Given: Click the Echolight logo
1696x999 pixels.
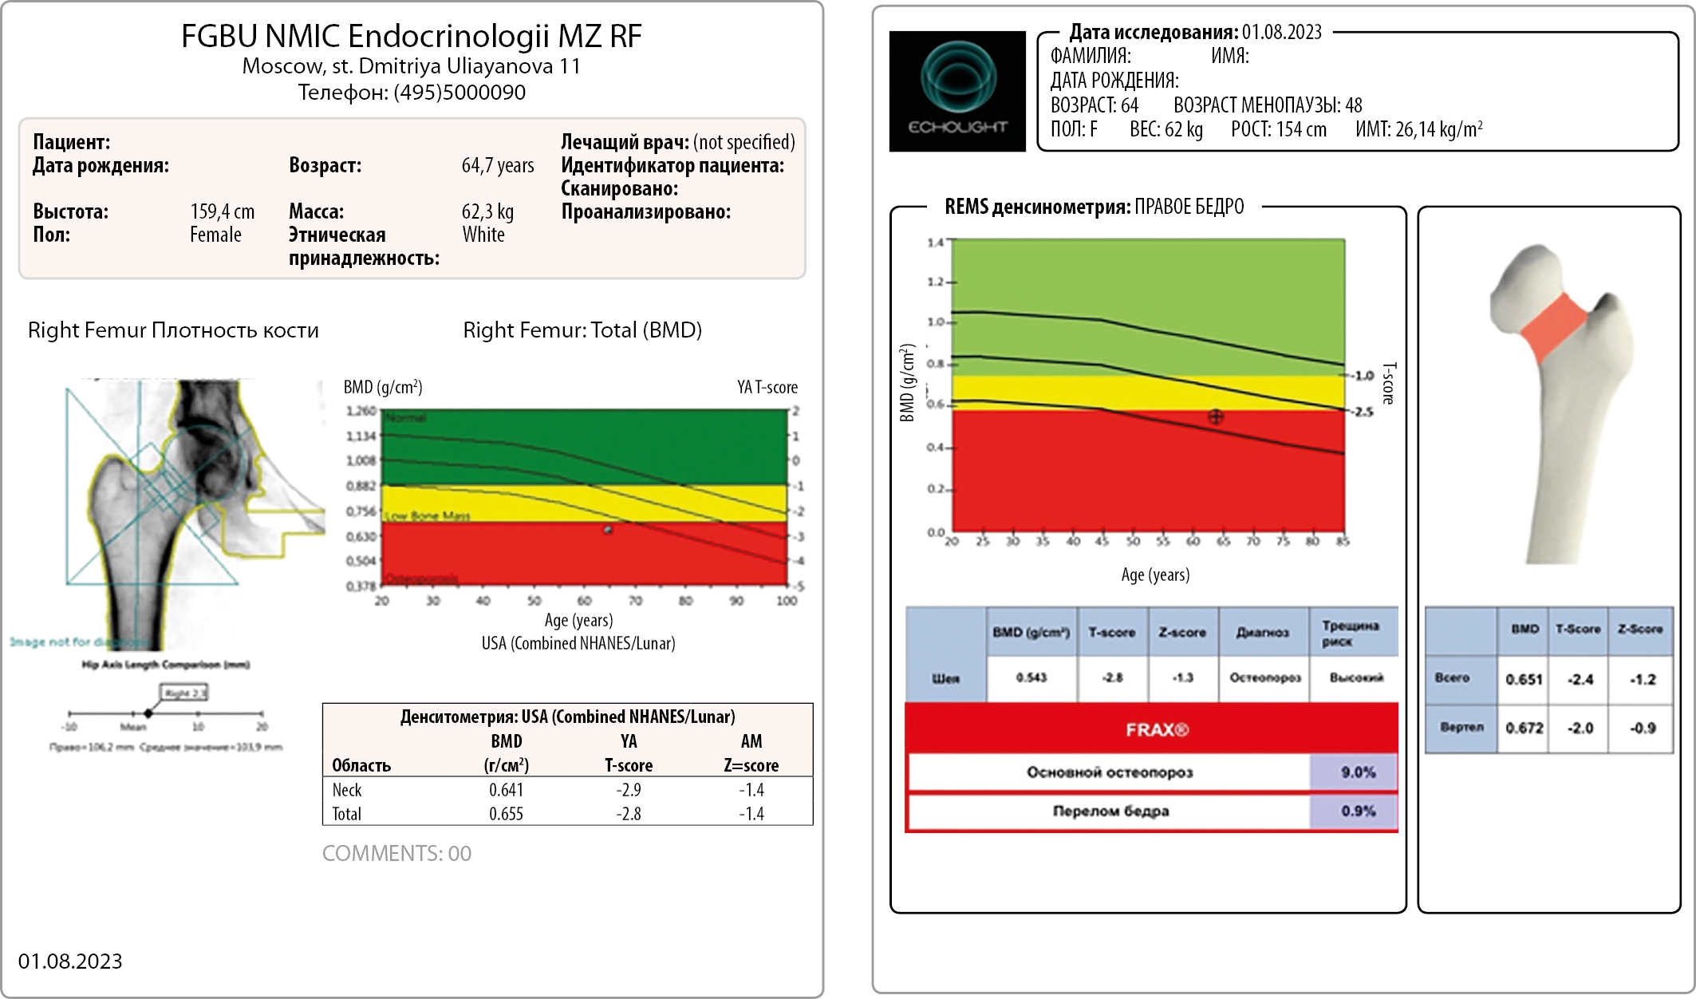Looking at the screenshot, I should pos(957,91).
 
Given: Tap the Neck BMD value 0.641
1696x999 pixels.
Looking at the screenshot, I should pos(506,790).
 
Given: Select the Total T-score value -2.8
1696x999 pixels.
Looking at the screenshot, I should pos(628,814).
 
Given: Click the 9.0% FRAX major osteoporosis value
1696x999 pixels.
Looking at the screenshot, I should pos(1358,772).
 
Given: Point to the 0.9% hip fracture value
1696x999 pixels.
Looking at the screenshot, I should pos(1358,811).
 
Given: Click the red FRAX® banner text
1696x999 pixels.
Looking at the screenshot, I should pos(1157,729).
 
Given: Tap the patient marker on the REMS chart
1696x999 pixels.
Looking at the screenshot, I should pos(1215,417).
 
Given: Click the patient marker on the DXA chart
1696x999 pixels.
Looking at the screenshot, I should pos(608,529).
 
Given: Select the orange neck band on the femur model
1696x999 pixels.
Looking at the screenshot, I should pos(1553,326).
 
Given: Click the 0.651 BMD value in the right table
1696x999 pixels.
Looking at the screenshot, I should pos(1524,680).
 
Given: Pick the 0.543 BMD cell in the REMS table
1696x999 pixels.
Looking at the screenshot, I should pos(1031,677).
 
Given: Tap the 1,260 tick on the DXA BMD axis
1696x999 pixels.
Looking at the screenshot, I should pos(361,411).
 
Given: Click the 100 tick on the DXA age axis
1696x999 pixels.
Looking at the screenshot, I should pos(787,601).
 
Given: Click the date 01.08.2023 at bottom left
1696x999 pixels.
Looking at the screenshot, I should pos(70,961).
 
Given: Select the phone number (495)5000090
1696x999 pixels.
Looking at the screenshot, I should pos(459,93).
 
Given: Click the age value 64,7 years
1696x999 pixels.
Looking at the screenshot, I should pos(498,165).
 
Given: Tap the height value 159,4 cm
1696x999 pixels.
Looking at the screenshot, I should pos(222,211).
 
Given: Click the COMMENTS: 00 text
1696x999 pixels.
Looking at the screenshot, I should pos(396,853).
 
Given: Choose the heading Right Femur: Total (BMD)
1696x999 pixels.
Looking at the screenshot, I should pos(582,330).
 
